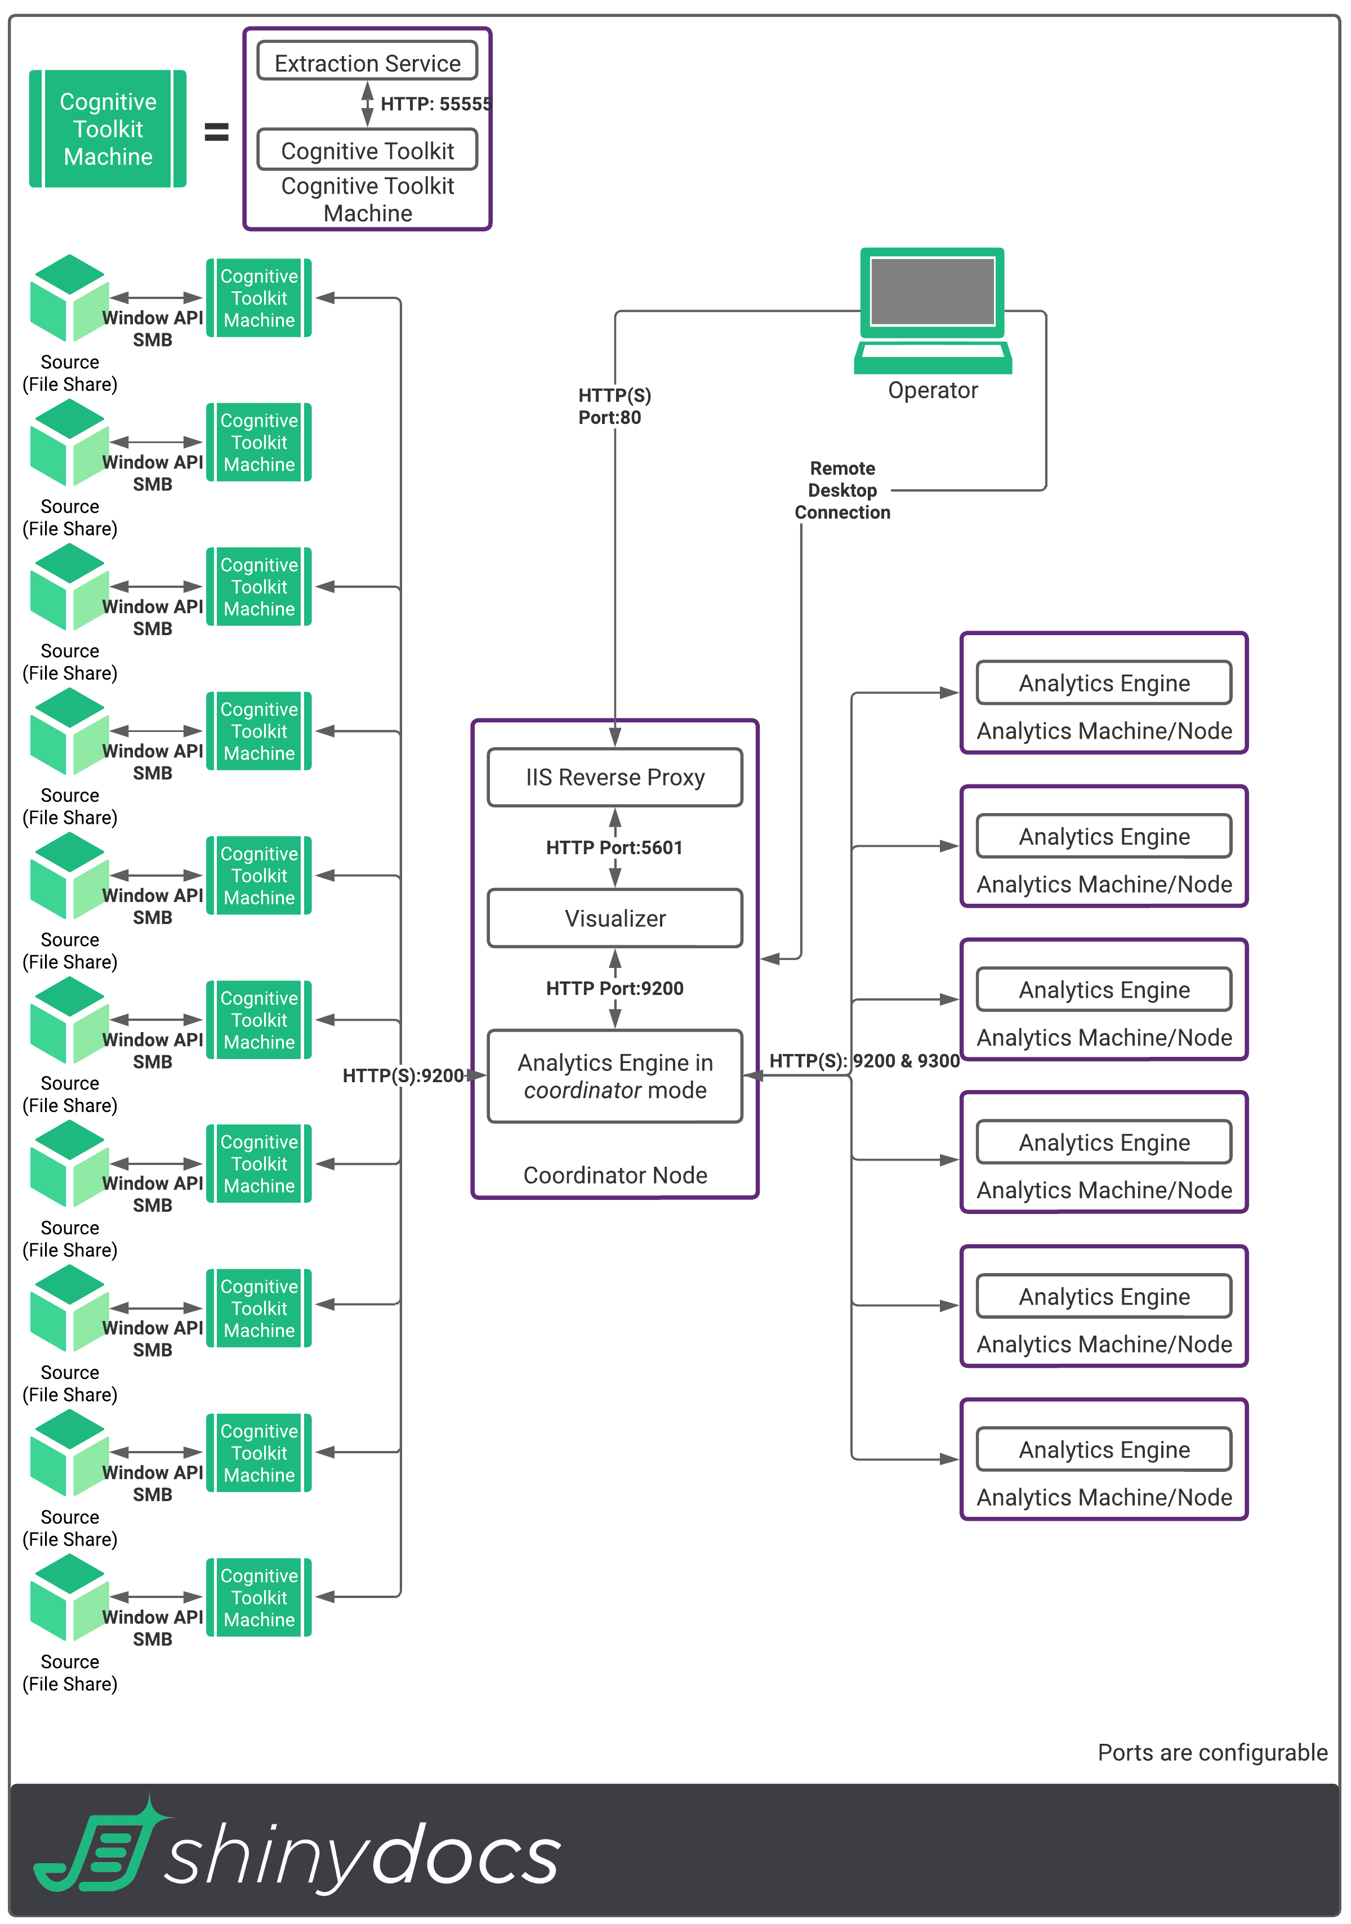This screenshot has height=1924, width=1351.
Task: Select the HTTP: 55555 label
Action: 435,104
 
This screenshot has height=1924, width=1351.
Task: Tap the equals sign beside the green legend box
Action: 216,132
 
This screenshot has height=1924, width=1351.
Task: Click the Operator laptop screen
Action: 932,291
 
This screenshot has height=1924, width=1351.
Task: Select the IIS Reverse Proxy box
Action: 614,778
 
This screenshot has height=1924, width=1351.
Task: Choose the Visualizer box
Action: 614,918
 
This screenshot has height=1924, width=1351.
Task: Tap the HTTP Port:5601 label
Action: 614,847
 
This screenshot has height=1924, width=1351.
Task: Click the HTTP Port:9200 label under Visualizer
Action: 614,988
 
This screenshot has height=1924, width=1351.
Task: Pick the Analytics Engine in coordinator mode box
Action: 614,1076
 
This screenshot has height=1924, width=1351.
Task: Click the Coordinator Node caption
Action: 614,1175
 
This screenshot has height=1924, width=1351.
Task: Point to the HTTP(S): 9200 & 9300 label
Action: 863,1061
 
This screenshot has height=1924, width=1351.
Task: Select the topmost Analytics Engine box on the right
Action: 1104,683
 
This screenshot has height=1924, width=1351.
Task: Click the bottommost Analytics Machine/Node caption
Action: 1104,1497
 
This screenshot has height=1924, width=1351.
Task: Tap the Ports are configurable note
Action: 1212,1752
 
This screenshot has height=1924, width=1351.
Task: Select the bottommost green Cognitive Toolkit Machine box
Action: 259,1597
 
